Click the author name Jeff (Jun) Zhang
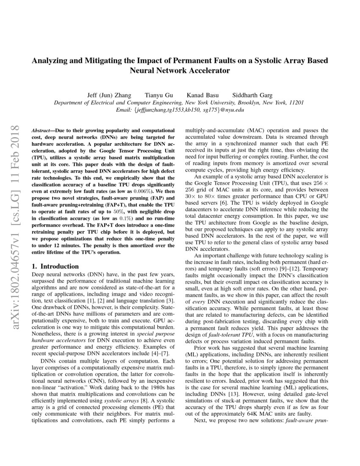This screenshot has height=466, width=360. [109, 95]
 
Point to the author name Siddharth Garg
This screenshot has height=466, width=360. [252, 95]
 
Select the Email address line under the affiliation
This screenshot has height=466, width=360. [180, 110]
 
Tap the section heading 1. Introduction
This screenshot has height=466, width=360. [55, 266]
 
